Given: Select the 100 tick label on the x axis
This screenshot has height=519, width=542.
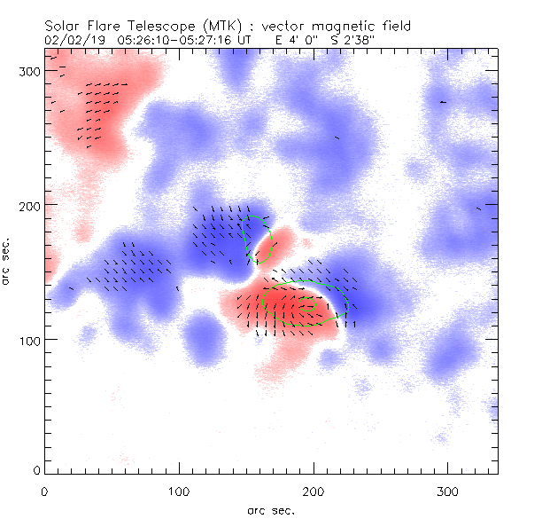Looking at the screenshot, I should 179,491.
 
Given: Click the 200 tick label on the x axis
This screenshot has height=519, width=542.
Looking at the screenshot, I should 314,491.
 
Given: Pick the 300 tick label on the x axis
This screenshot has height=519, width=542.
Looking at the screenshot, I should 448,491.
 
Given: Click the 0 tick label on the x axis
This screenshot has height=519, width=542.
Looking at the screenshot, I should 44,491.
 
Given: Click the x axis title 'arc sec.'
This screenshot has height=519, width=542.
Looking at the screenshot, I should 270,510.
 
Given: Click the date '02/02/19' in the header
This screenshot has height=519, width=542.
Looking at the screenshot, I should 72,40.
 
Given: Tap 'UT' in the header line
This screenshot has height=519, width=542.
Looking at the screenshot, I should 247,40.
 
